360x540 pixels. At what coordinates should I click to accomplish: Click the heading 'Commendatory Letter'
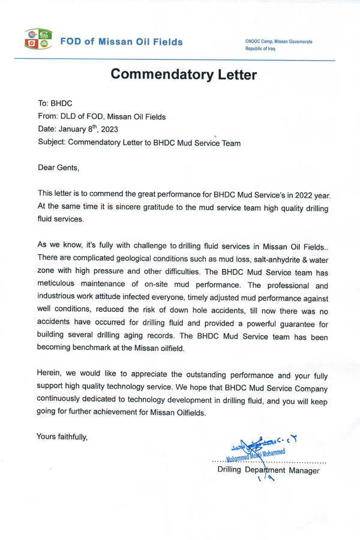184,75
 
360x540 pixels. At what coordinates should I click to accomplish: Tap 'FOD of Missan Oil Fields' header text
121,42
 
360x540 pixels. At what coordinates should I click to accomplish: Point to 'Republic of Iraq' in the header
260,49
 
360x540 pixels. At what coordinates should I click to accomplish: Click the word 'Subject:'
52,143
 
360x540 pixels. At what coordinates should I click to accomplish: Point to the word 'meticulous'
58,283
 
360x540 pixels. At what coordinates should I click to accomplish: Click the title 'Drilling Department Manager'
268,470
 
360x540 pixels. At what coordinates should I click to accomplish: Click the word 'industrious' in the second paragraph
58,296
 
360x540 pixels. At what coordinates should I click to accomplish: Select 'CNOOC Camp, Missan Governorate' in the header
279,41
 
